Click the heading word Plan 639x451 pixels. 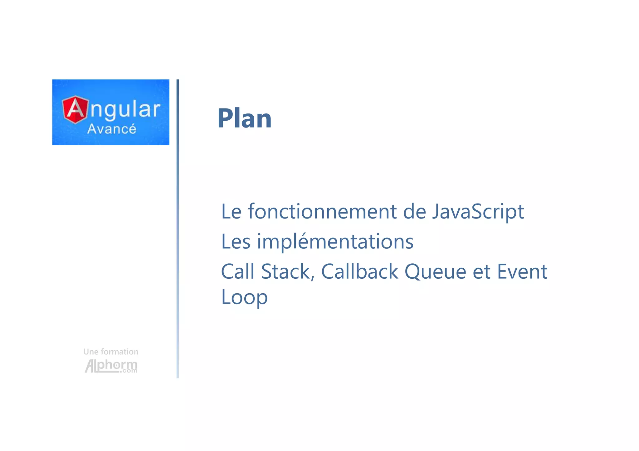click(244, 118)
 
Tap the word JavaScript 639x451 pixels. click(478, 212)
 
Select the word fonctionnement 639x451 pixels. click(322, 211)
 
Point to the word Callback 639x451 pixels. click(359, 271)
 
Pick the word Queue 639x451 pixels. click(435, 272)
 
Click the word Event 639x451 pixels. click(522, 271)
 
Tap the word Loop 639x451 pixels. click(244, 297)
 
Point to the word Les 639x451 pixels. click(236, 242)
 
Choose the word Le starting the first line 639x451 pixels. click(231, 212)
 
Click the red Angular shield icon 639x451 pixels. click(75, 109)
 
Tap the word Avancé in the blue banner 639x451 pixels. click(111, 129)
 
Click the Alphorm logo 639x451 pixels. click(111, 366)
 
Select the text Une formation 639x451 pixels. click(111, 352)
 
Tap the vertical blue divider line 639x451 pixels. click(178, 229)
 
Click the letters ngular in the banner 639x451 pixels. click(125, 110)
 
